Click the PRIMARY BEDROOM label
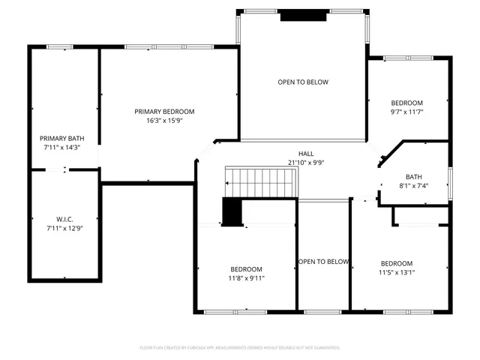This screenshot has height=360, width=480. pos(164,111)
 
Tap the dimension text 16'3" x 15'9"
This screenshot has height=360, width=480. pos(164,120)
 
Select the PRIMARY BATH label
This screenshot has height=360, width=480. pos(60,138)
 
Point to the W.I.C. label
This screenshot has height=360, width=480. pos(64,219)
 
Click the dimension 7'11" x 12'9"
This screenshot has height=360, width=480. pos(64,228)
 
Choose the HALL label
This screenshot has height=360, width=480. pos(306,153)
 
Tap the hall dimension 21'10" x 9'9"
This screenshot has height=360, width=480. pos(306,162)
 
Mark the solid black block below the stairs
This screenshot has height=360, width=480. pos(232,211)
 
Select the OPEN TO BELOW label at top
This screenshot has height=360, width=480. pos(303,82)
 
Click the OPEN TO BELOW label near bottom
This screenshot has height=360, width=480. pos(323,262)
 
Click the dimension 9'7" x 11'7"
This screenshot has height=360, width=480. pos(407,112)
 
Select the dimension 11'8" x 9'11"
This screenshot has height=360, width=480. pos(246,278)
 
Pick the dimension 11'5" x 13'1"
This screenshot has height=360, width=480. pos(397,272)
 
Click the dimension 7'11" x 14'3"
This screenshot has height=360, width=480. pos(60,147)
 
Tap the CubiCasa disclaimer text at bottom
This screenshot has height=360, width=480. pos(240,348)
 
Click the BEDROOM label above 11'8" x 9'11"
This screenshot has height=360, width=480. pos(246,269)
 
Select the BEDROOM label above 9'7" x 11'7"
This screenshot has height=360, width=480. pos(407,103)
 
